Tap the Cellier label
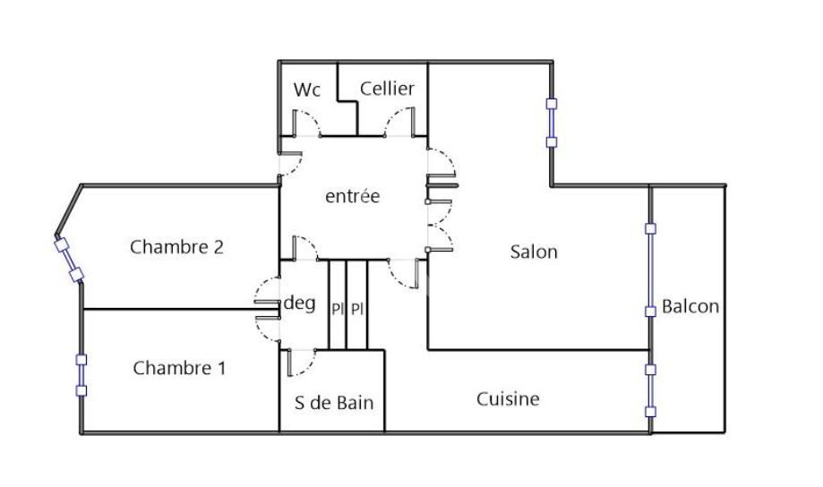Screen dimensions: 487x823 pos(387,88)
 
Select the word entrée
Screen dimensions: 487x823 pos(352,196)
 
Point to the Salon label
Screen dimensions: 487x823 pos(534,252)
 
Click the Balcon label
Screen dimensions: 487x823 pos(690,306)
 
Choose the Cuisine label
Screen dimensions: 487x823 pos(508,398)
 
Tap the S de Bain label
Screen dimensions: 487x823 pos(334,402)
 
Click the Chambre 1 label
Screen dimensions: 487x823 pos(180,367)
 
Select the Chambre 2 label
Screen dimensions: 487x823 pos(176,246)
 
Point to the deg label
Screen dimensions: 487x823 pos(299,303)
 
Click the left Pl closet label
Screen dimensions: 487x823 pos(338,309)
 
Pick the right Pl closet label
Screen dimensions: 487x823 pos(356,309)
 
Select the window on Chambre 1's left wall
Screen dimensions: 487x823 pos(81,374)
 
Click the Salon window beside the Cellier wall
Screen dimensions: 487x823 pos(552,122)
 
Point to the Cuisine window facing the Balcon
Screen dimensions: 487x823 pos(651,390)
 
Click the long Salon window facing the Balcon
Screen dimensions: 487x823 pos(651,269)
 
